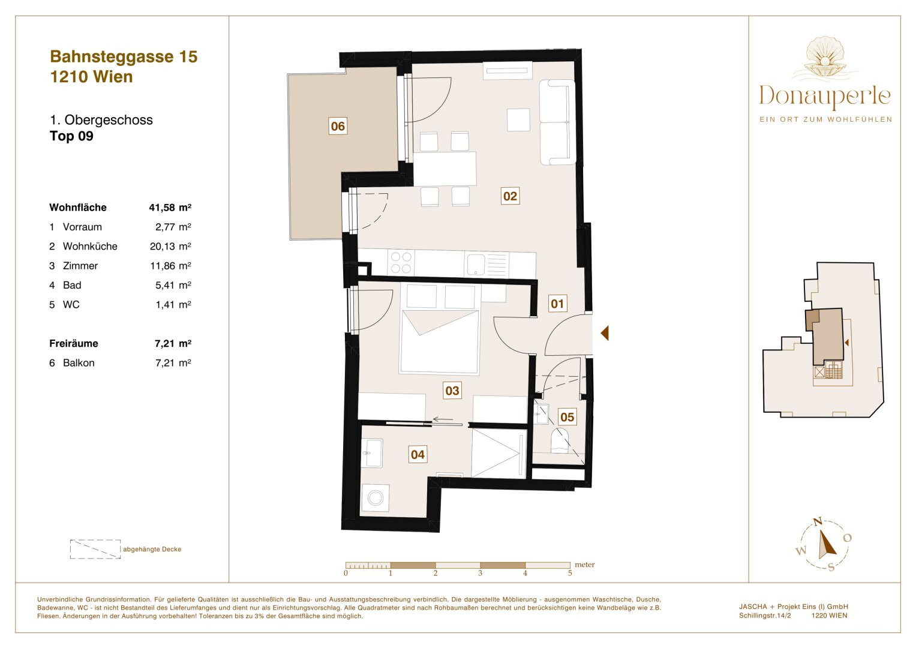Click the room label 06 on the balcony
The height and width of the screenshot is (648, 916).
(x=338, y=126)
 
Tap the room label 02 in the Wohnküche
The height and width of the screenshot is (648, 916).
(x=510, y=196)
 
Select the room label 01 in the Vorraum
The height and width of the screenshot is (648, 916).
(x=557, y=304)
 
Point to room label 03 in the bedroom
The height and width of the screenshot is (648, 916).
(x=452, y=390)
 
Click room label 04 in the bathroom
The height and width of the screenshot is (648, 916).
(x=418, y=454)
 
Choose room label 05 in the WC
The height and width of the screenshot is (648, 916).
(x=567, y=417)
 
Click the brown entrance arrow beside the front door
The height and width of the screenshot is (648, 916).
(x=605, y=333)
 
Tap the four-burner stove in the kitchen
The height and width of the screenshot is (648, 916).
(x=401, y=263)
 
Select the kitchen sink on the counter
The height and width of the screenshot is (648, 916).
(x=486, y=263)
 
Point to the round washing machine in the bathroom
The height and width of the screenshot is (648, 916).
(x=375, y=498)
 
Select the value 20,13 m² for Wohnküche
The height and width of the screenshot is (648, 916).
(x=170, y=246)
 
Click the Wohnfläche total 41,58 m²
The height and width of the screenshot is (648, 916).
(x=170, y=208)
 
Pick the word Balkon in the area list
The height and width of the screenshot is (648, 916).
(x=79, y=363)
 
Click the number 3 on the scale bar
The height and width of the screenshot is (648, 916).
(x=480, y=573)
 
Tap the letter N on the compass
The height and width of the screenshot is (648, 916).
(x=818, y=521)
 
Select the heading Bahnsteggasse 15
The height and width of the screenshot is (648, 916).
(x=124, y=56)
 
